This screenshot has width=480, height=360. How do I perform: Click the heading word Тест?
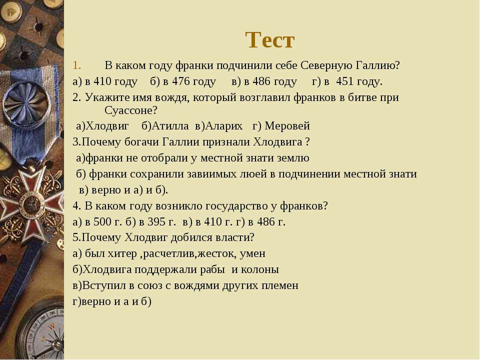point(269,40)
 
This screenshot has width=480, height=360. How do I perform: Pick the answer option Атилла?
point(170,126)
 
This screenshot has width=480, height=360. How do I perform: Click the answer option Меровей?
point(287,126)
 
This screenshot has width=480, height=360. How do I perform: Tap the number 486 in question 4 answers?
point(265,221)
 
